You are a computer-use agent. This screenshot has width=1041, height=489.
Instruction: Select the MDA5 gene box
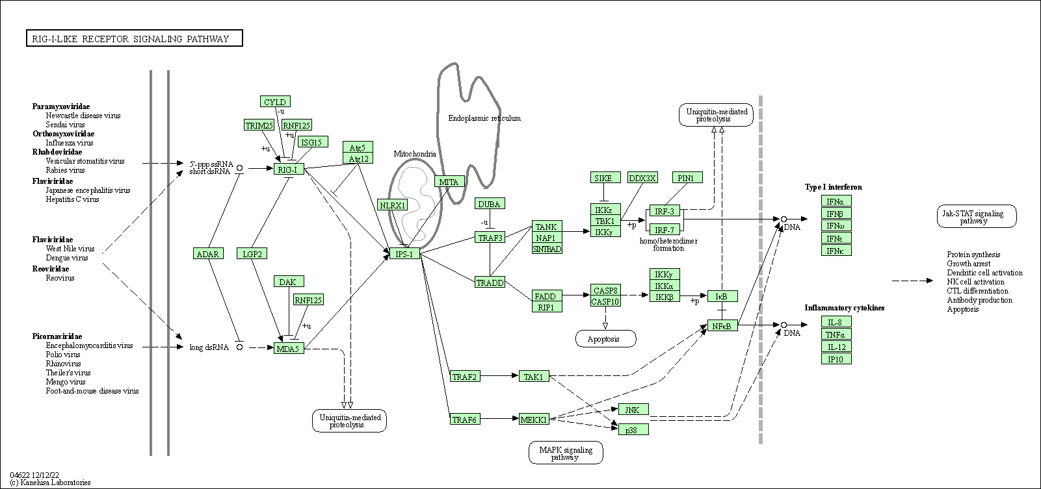click(289, 349)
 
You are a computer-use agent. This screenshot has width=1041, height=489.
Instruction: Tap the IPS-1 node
click(405, 254)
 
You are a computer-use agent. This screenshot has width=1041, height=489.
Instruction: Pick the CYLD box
click(275, 102)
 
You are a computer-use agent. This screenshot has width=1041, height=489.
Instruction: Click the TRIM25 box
click(259, 125)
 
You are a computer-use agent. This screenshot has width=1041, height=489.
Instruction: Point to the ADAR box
click(208, 254)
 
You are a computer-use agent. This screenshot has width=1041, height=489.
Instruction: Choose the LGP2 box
click(252, 254)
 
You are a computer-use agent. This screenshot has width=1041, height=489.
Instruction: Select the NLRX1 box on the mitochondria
click(392, 205)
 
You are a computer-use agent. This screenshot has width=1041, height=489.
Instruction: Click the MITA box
click(449, 182)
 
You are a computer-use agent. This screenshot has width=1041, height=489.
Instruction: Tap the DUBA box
click(490, 204)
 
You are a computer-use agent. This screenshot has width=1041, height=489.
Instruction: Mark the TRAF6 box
click(465, 420)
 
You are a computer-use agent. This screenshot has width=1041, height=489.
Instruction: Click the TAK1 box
click(534, 377)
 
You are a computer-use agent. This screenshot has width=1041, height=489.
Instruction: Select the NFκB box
click(722, 326)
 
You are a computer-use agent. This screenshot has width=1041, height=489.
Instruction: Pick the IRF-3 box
click(664, 211)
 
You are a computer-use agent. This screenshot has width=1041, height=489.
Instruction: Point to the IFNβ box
click(836, 214)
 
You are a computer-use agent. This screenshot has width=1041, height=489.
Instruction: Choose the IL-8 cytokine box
click(836, 322)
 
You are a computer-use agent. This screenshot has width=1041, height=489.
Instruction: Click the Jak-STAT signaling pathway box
click(976, 217)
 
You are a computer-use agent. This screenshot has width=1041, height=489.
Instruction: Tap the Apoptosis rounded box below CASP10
click(605, 339)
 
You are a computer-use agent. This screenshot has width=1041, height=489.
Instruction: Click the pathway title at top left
click(134, 39)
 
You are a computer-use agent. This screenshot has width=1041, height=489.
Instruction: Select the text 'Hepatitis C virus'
click(72, 199)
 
